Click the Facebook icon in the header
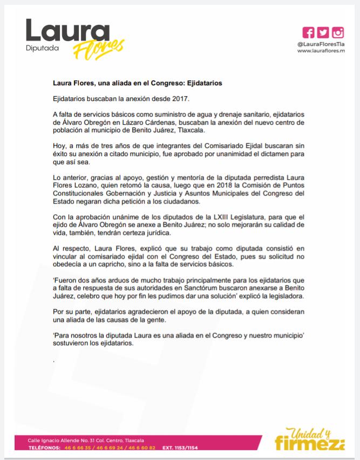[309, 32]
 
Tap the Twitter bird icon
[323, 32]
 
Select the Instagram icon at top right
[338, 32]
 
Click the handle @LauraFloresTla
[321, 44]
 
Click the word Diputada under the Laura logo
[42, 49]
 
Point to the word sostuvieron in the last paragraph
[73, 343]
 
